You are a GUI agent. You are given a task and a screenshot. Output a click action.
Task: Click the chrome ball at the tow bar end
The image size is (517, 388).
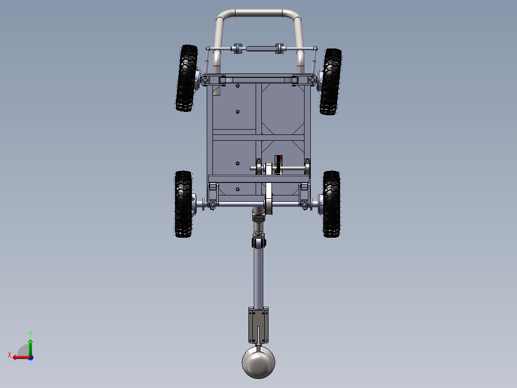click(x=258, y=362)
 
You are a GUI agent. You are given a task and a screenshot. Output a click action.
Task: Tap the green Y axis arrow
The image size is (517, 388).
click(x=30, y=347)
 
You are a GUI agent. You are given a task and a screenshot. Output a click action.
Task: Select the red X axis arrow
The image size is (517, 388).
click(x=22, y=358)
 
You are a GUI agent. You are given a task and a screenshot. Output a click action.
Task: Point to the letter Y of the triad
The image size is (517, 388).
click(x=30, y=334)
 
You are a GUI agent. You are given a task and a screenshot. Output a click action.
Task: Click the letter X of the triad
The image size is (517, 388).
click(x=10, y=355)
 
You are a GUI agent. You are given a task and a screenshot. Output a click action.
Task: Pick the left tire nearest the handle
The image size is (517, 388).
click(x=187, y=78)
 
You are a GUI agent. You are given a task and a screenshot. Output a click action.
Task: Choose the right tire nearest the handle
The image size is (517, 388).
click(x=330, y=82)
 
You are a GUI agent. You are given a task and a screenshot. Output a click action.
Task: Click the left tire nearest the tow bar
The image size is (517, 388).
click(x=183, y=204)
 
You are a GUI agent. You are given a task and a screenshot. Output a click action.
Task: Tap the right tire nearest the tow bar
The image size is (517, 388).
click(x=332, y=204)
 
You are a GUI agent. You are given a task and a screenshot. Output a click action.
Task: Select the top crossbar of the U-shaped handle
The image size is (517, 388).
click(x=258, y=13)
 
